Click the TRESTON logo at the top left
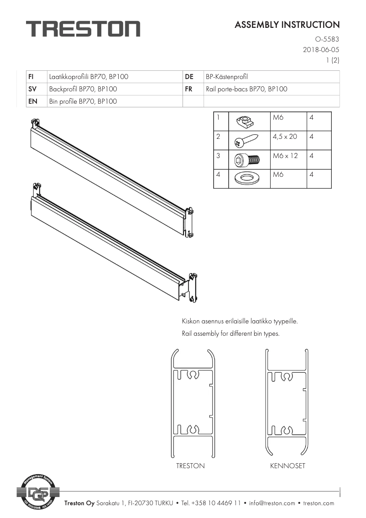pyautogui.click(x=83, y=29)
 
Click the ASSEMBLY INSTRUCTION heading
pyautogui.click(x=287, y=25)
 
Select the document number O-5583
pyautogui.click(x=327, y=39)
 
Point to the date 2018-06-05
pyautogui.click(x=321, y=49)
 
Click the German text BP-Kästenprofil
pyautogui.click(x=227, y=77)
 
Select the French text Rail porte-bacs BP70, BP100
pyautogui.click(x=246, y=89)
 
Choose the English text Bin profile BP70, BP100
pyautogui.click(x=83, y=101)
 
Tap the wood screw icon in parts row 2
pyautogui.click(x=246, y=140)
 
